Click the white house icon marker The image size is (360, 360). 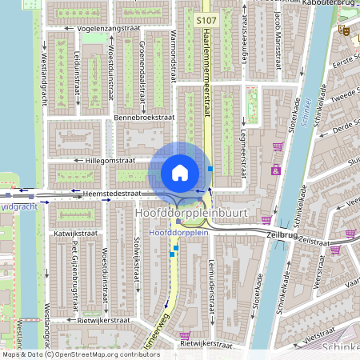pos(180,172)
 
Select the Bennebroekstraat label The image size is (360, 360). pos(144,117)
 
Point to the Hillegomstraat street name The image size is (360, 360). pos(122,160)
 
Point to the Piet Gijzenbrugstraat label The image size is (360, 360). pos(74,276)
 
